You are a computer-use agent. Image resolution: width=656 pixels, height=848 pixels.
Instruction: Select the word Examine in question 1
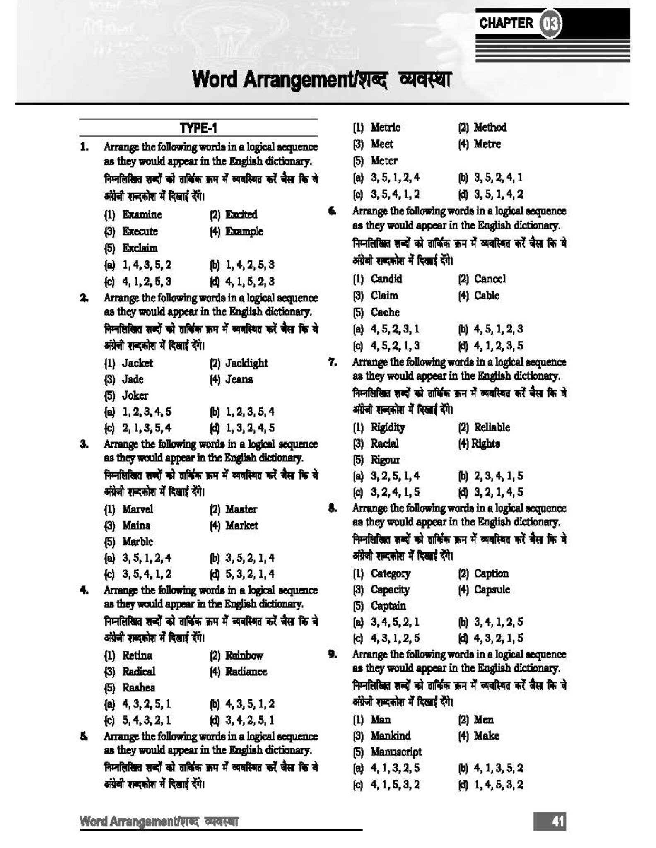142,214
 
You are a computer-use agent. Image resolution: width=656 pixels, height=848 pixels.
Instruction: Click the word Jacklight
246,363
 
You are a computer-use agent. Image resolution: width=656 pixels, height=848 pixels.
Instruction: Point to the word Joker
135,395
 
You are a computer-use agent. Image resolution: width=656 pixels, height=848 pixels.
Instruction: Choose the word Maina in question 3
136,525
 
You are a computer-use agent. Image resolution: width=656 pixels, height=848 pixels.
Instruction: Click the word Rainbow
244,655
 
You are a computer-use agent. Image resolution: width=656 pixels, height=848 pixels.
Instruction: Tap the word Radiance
246,672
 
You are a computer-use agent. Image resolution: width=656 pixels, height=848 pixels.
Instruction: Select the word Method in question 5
490,128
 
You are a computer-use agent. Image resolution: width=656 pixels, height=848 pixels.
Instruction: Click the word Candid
386,279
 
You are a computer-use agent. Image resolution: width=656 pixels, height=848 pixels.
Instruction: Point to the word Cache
385,312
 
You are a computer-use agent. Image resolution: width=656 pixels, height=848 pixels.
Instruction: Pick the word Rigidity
388,427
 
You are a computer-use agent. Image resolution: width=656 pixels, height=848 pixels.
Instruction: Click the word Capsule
492,590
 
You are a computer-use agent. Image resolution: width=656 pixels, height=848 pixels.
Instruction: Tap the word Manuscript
396,752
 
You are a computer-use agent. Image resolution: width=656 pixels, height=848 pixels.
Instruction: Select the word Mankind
391,736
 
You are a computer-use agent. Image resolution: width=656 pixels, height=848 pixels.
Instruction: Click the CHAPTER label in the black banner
506,23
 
